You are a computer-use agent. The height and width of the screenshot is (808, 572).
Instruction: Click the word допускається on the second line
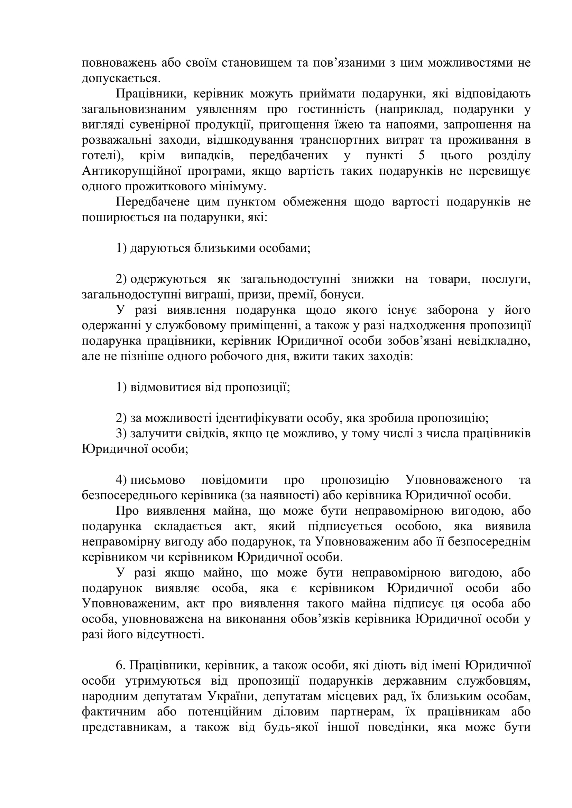[120, 78]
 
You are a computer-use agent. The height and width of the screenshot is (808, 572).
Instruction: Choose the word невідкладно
[493, 341]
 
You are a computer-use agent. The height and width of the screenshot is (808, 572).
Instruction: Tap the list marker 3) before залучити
[121, 434]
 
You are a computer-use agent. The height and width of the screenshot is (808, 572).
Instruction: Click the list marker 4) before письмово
[121, 480]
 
